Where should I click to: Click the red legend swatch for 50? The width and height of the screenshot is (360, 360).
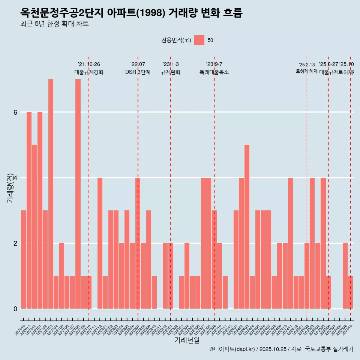pos(199,40)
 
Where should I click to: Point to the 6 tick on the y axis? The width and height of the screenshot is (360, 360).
pos(15,112)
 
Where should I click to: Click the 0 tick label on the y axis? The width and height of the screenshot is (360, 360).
pos(15,309)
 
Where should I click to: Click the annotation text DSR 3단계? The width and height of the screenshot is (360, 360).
pos(138,72)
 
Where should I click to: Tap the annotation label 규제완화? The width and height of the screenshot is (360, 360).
pos(171,72)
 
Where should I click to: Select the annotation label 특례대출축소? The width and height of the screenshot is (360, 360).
pos(214,72)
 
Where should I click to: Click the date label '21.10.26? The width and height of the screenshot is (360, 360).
pos(89,64)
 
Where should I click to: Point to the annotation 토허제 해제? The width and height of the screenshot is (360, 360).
pos(307,71)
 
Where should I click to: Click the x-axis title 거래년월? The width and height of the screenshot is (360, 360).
pos(187,340)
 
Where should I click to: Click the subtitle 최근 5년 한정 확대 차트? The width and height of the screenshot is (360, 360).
pos(54,24)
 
